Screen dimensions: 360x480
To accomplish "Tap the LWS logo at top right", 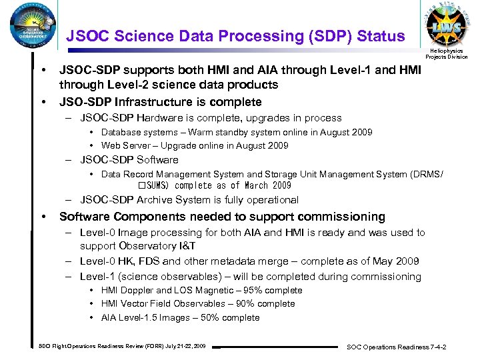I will [446, 25].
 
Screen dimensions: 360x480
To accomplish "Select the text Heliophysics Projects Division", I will [447, 53].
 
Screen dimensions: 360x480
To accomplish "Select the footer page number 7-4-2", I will [437, 347].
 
